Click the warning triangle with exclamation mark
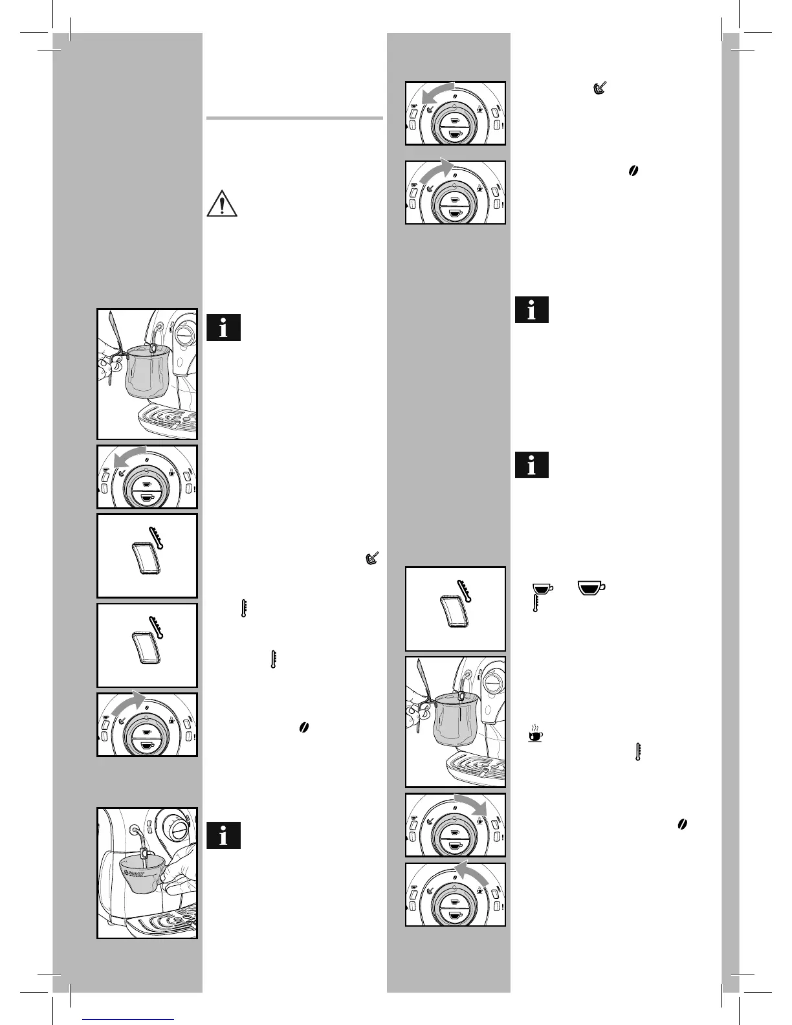(x=223, y=203)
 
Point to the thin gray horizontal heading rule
(x=294, y=118)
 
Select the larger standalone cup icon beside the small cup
(x=592, y=588)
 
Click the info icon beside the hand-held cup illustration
(x=224, y=835)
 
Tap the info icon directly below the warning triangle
(x=224, y=327)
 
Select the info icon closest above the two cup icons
(x=532, y=465)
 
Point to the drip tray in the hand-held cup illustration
(x=162, y=923)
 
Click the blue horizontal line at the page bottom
(x=129, y=1019)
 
